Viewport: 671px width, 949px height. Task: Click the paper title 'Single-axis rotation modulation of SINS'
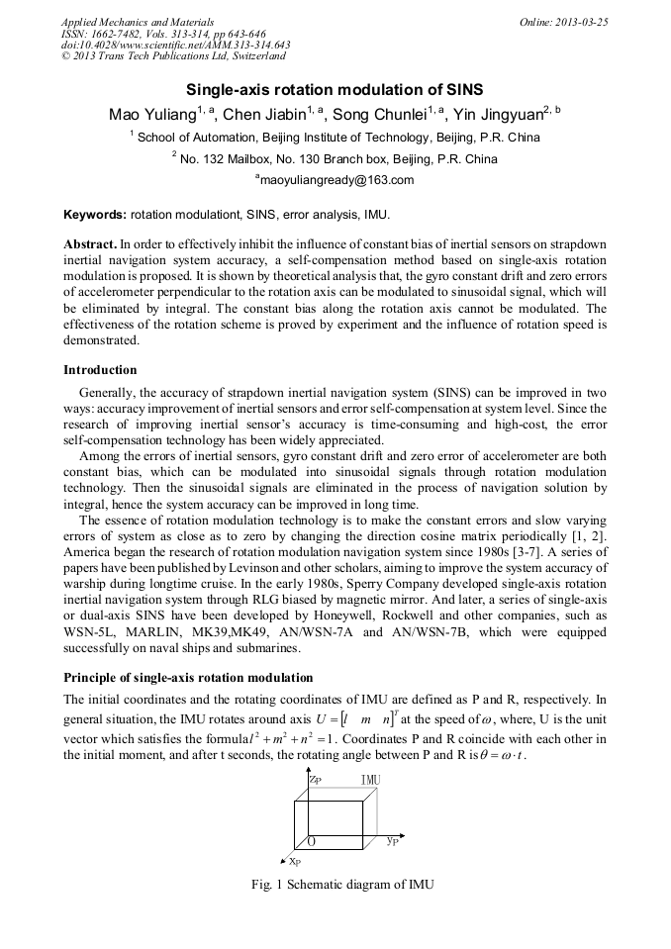pos(335,89)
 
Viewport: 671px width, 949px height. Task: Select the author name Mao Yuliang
pos(150,115)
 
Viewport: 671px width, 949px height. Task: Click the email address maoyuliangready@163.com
pos(335,180)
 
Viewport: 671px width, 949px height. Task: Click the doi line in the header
pos(175,45)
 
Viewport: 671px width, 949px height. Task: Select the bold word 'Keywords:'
pos(95,214)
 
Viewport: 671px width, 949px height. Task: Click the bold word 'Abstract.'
pos(91,243)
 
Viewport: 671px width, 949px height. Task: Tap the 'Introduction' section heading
pos(100,370)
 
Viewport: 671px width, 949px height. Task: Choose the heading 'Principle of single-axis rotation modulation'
pos(188,678)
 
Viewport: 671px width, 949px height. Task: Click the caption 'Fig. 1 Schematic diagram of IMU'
pos(335,884)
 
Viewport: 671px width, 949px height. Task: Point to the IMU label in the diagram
pos(370,781)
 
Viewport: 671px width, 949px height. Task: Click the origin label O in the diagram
pos(311,841)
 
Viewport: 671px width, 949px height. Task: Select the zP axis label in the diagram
pos(314,780)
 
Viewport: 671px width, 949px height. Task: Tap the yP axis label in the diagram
pos(393,841)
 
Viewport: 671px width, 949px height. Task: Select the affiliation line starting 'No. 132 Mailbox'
pos(335,158)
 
